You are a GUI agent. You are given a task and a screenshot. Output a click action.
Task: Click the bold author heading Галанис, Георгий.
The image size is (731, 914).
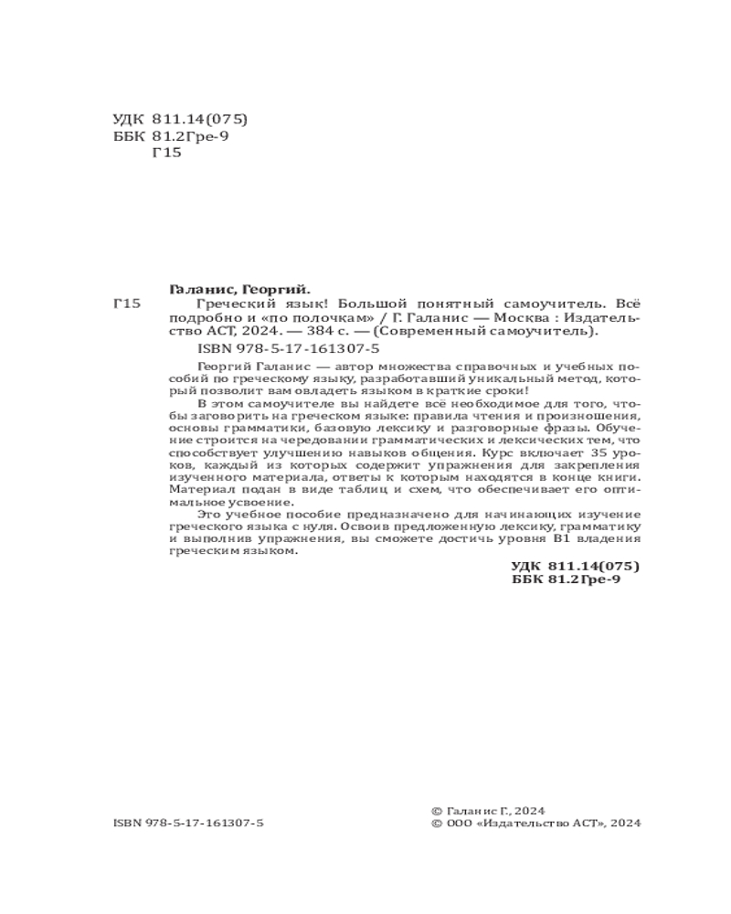pyautogui.click(x=241, y=287)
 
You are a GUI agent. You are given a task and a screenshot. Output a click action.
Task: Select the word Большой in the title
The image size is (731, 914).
pyautogui.click(x=365, y=303)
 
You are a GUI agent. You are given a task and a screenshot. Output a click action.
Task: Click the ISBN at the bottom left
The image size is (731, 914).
pyautogui.click(x=188, y=824)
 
